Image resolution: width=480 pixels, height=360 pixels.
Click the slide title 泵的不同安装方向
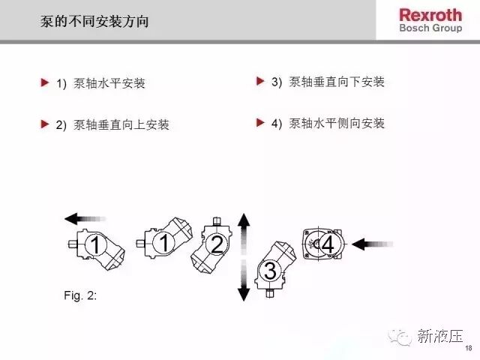click(94, 22)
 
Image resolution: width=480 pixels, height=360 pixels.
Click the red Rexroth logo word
click(430, 15)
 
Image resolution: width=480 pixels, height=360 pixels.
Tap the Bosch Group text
click(430, 28)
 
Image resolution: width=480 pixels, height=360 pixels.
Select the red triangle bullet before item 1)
click(45, 82)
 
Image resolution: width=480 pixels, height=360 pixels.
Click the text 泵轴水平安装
click(109, 83)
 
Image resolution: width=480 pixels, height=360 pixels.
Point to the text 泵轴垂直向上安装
click(121, 125)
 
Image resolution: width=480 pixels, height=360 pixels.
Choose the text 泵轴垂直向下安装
click(337, 82)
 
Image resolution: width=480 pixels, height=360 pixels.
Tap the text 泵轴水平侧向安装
click(337, 123)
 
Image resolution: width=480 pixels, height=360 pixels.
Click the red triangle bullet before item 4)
click(260, 122)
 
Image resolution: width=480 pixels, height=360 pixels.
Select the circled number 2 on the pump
click(217, 244)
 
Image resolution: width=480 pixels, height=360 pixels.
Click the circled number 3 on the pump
click(270, 271)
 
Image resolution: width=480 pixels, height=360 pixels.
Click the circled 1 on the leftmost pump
click(95, 245)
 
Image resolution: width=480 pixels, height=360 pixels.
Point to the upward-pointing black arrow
click(244, 234)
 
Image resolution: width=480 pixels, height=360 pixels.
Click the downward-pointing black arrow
click(244, 280)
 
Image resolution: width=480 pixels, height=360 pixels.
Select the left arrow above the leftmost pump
click(85, 219)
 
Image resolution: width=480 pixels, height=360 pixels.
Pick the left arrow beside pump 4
click(372, 244)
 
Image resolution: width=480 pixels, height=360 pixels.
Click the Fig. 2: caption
click(80, 295)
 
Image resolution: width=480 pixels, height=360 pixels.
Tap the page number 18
click(468, 348)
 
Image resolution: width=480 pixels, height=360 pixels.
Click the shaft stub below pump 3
click(270, 293)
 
